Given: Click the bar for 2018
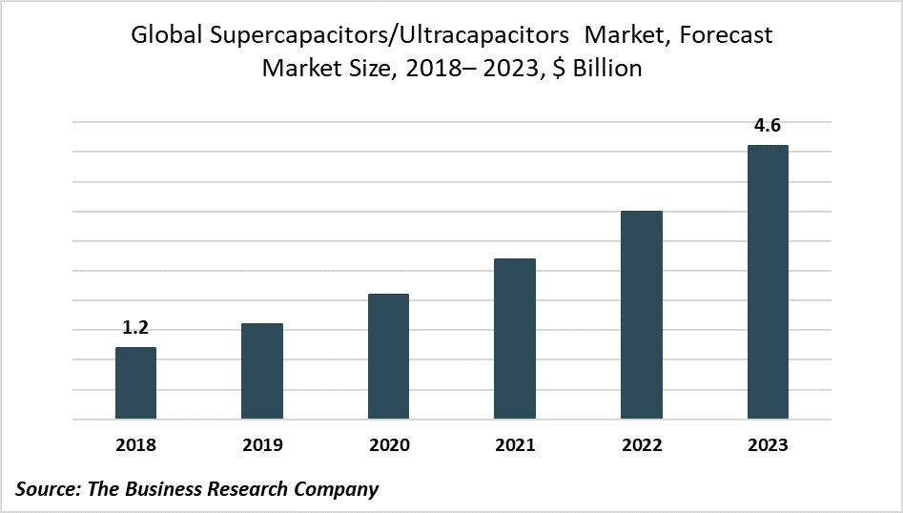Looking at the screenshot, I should pos(135,383).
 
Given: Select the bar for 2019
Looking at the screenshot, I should pos(262,371).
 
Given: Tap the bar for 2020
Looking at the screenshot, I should pos(388,357).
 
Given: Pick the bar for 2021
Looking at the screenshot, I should pos(515,339).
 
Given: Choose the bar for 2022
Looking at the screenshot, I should pos(642,315).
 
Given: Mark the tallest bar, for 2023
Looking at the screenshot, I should pos(768,282).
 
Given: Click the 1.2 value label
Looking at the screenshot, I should pos(135,328).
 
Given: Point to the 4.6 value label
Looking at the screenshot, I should pos(768,125).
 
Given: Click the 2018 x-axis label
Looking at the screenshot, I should pos(135,444).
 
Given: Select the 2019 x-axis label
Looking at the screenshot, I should pos(262,444).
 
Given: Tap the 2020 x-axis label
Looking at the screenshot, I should pos(388,444).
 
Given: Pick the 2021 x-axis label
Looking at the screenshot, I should pos(515,444).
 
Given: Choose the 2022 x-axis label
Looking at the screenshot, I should pos(642,444).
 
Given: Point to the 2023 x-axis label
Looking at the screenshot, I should pos(768,444).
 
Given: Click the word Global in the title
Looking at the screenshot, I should pos(160,36).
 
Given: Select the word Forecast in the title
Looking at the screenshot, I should pos(727,36).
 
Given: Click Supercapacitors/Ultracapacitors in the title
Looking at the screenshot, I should pos(385,36).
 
